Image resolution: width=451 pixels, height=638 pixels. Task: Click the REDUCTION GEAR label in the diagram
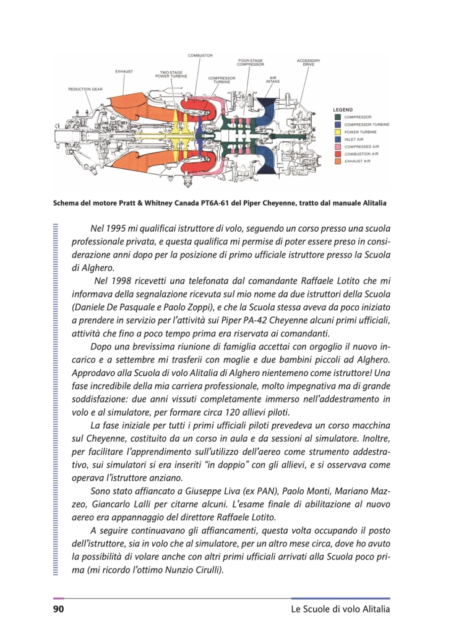click(x=85, y=89)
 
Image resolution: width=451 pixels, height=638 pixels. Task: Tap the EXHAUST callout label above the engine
click(x=124, y=71)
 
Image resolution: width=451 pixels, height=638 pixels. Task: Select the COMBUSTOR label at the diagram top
click(x=200, y=56)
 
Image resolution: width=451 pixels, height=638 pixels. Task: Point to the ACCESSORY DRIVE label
click(x=308, y=63)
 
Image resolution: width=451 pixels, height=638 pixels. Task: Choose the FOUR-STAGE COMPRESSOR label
click(x=251, y=63)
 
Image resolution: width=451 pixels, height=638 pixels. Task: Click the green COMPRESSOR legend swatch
click(x=337, y=116)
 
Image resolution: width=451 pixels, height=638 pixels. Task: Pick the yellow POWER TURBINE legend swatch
click(x=337, y=131)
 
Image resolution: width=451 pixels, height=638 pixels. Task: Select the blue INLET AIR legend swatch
click(x=337, y=139)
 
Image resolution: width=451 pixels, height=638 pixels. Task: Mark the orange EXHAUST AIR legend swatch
click(x=337, y=161)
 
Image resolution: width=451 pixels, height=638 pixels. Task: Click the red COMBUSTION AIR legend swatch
click(x=337, y=154)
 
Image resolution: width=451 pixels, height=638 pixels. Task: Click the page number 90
click(x=59, y=610)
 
